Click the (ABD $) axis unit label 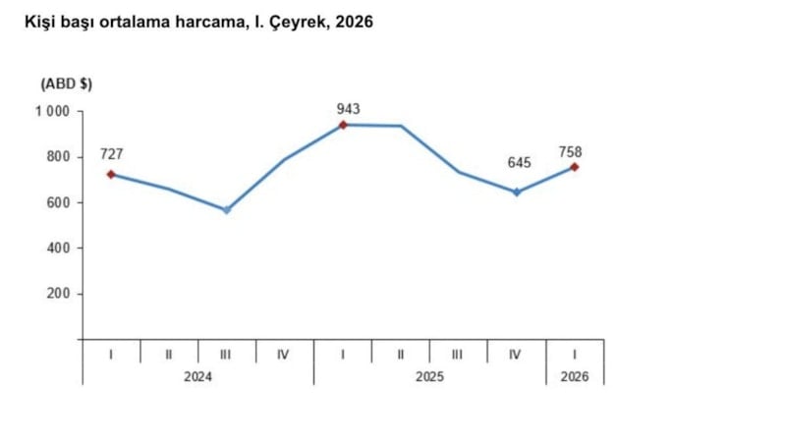point(67,84)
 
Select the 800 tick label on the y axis point(59,157)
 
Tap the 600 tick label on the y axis point(59,203)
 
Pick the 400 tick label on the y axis point(59,249)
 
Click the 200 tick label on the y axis point(59,294)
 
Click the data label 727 point(111,154)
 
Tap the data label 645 point(518,162)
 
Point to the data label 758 point(570,150)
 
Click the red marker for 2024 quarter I point(111,174)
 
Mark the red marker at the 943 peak point(343,125)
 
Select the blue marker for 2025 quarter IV point(517,192)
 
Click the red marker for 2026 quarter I point(575,167)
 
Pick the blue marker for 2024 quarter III point(227,210)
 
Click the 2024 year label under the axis point(197,376)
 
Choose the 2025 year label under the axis point(429,376)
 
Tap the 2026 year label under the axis point(575,376)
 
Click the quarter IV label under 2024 point(284,354)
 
